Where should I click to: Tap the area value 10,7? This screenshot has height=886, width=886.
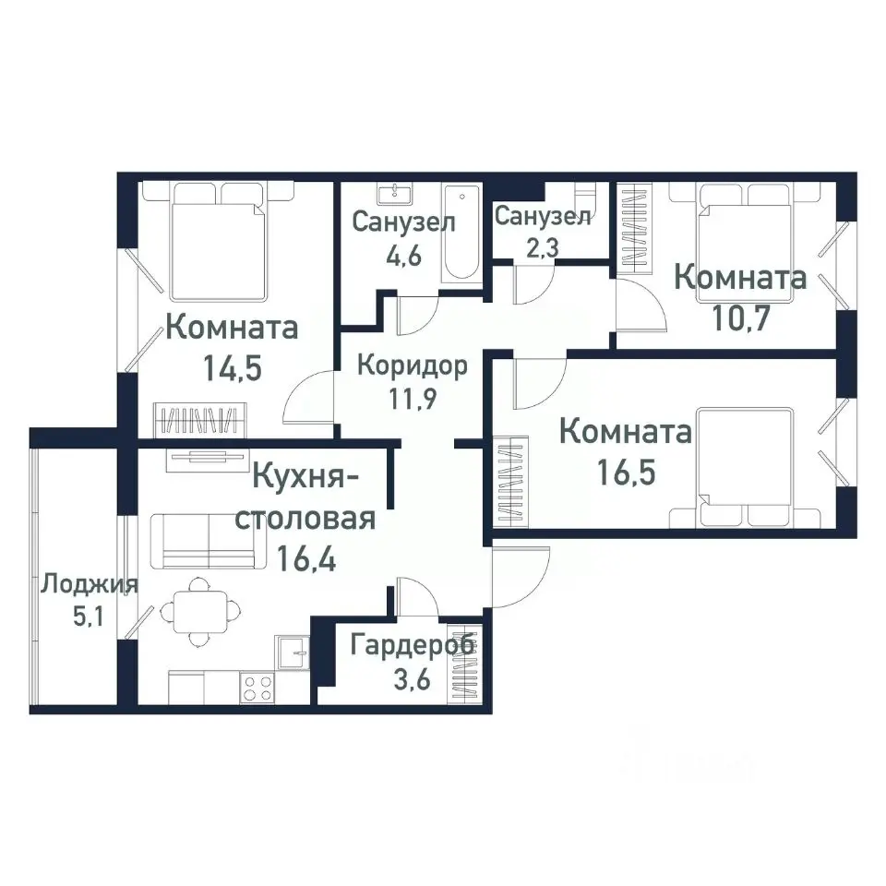(741, 318)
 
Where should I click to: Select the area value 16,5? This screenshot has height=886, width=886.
(626, 473)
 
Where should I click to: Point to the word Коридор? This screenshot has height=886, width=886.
(413, 365)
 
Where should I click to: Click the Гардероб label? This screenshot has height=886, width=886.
(413, 645)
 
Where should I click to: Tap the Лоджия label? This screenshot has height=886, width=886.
(90, 584)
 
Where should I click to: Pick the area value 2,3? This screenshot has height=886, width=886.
(542, 247)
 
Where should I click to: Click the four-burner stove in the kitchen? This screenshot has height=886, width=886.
(257, 688)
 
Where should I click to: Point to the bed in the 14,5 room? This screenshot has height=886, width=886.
(218, 242)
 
